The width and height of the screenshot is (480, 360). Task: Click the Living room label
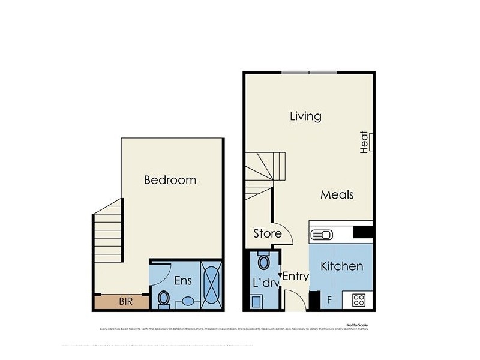tap(305, 116)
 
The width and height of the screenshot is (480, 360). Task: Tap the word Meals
tap(337, 194)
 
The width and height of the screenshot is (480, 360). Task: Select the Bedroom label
tap(170, 180)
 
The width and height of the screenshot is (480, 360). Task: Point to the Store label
tap(267, 233)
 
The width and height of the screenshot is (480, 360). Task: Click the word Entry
tap(295, 277)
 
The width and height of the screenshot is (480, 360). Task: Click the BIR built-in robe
tap(125, 302)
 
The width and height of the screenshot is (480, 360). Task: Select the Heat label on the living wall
tap(364, 143)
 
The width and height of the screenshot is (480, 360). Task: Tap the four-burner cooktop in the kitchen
tap(359, 299)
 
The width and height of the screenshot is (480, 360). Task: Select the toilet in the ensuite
tap(163, 298)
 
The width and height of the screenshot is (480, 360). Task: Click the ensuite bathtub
tap(213, 284)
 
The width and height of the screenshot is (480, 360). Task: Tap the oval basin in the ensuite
tap(188, 301)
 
